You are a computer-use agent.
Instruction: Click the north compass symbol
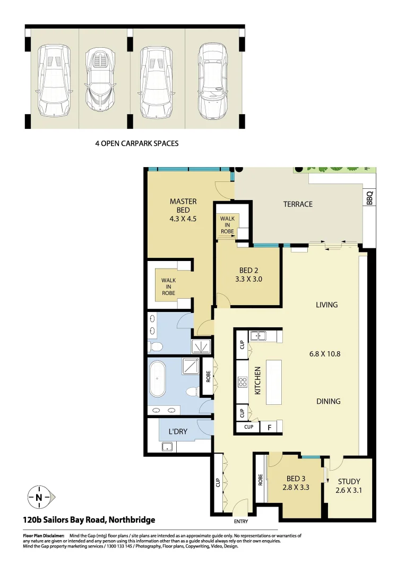(39, 497)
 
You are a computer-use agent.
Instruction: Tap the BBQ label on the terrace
(369, 198)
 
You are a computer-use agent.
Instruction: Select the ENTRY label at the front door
(241, 520)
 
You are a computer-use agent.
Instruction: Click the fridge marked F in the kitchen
(269, 427)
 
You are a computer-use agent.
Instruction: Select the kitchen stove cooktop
(243, 383)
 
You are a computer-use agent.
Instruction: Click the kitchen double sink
(258, 335)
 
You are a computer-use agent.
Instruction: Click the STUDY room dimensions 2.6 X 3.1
(348, 491)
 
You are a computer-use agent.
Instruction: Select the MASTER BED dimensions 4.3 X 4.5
(183, 218)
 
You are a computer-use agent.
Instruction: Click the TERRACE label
(298, 204)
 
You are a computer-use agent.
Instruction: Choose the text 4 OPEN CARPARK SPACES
(136, 143)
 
